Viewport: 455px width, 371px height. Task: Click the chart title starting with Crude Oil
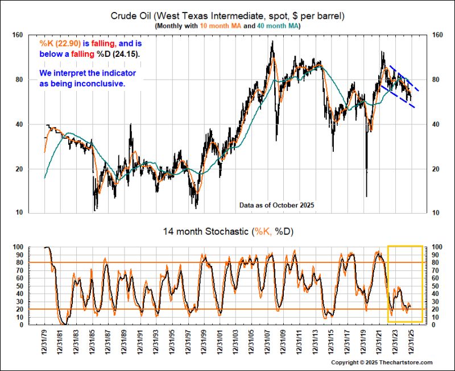pyautogui.click(x=227, y=16)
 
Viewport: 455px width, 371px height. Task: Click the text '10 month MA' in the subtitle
pyautogui.click(x=221, y=26)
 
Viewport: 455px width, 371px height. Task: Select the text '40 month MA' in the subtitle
pyautogui.click(x=278, y=26)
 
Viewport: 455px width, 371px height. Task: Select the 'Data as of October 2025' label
pyautogui.click(x=276, y=205)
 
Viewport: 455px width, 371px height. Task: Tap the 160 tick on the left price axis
pyautogui.click(x=17, y=35)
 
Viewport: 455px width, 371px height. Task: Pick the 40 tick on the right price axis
pyautogui.click(x=435, y=124)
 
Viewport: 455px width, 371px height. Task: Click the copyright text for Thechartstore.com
pyautogui.click(x=382, y=362)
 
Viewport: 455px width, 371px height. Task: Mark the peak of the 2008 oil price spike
pyautogui.click(x=272, y=41)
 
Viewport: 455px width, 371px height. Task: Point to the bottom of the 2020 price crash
pyautogui.click(x=366, y=197)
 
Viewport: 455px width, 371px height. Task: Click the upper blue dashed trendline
pyautogui.click(x=404, y=78)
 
